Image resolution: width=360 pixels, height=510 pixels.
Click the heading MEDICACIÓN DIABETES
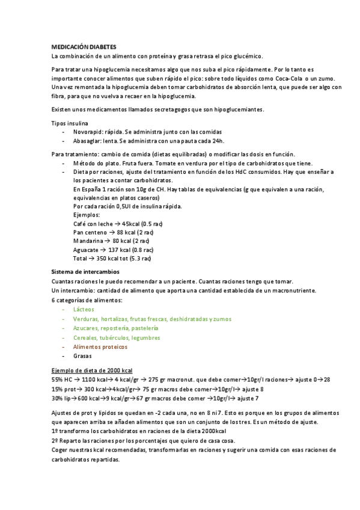84,46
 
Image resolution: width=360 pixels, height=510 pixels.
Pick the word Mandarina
88,241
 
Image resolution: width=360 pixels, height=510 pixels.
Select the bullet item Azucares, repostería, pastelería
116,328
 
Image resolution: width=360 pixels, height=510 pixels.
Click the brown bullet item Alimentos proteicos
100,347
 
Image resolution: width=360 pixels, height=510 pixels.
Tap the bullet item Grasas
82,356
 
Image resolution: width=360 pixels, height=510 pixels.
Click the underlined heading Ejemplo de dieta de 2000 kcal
92,370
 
